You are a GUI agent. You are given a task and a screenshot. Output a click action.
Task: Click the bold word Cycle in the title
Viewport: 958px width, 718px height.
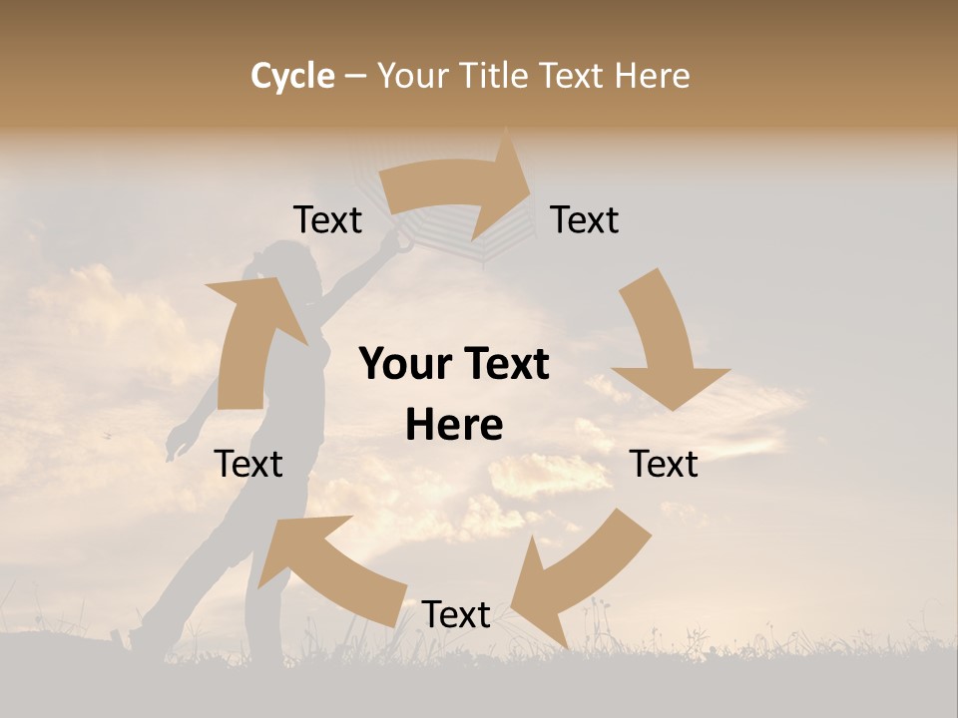(292, 76)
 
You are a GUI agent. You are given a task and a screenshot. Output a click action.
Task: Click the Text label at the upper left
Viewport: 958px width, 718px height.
(327, 219)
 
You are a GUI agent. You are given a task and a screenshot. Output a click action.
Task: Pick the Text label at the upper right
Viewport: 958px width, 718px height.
(585, 219)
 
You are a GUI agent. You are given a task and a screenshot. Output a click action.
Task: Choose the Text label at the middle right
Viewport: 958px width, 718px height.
(664, 464)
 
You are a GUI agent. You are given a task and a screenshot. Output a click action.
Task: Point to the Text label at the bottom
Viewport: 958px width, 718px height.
(456, 614)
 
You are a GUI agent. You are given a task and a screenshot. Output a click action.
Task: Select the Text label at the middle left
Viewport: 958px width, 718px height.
(248, 464)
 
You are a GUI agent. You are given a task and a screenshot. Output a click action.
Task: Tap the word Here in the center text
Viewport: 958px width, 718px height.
(454, 426)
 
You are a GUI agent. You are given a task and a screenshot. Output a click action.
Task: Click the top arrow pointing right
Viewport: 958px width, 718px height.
(459, 184)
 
